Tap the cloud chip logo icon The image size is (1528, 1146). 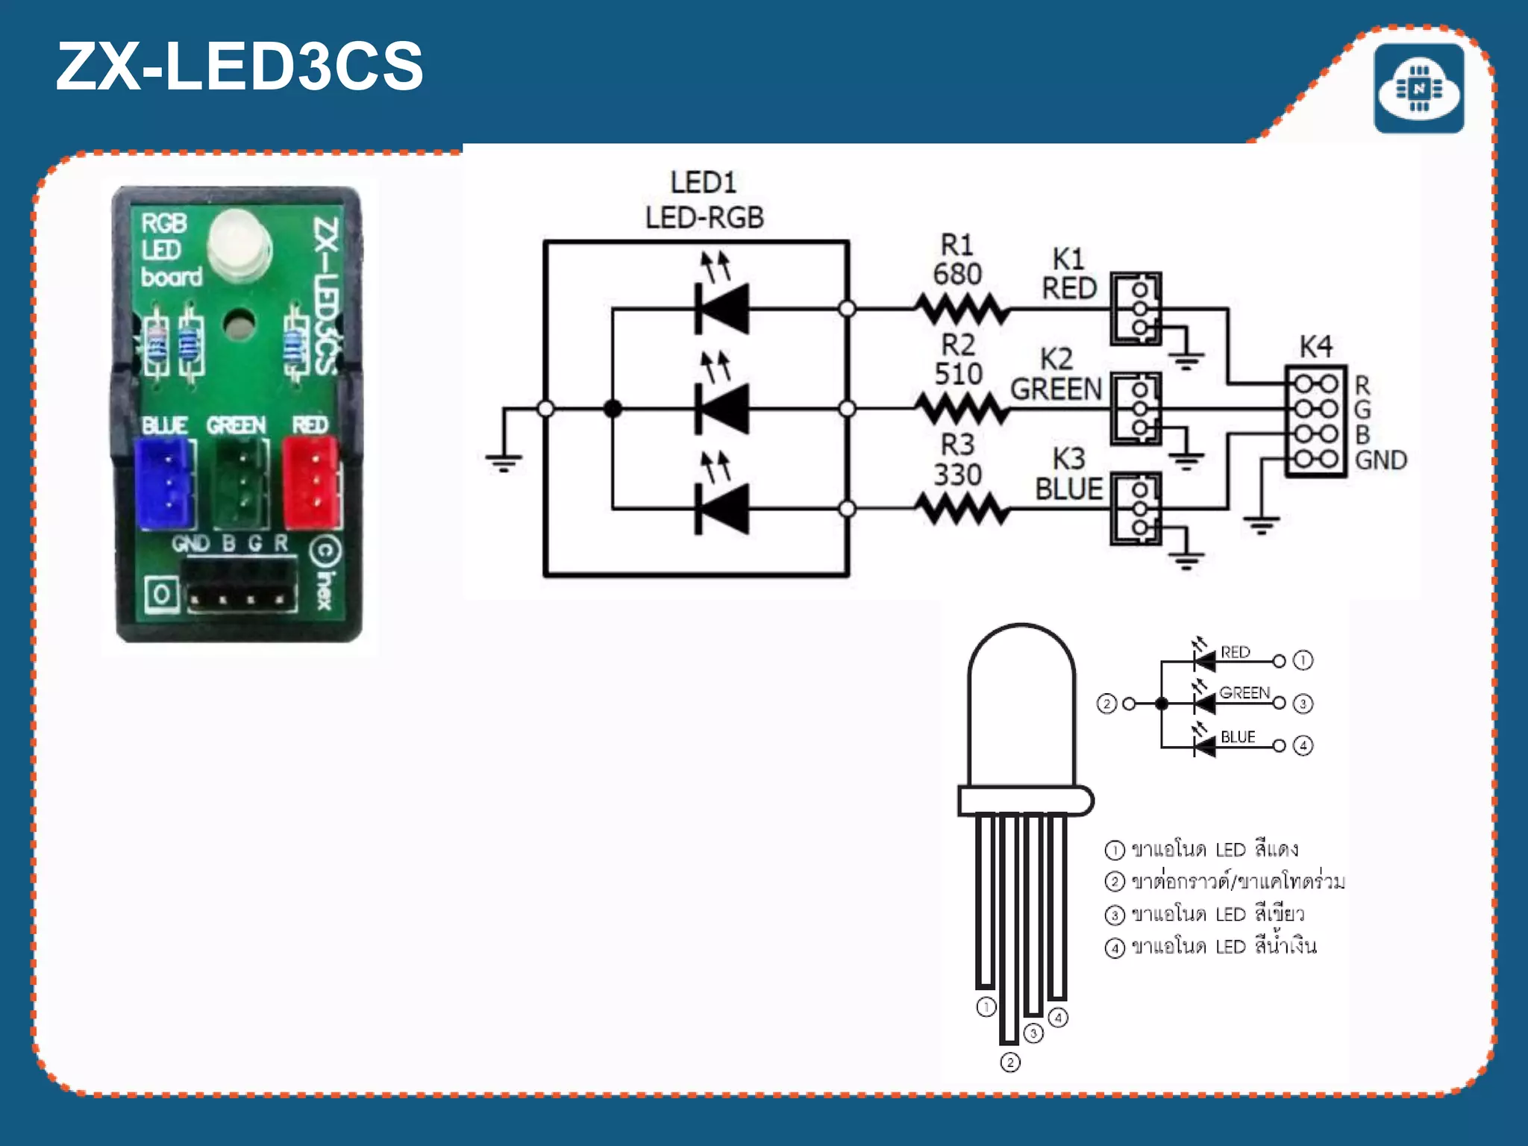[x=1418, y=89]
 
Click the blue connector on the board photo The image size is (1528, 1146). [x=165, y=483]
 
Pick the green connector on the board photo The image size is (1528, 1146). [x=240, y=483]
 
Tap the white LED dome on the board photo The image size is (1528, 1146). [x=238, y=242]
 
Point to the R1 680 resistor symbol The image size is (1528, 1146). [x=962, y=308]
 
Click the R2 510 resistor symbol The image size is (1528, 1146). [x=962, y=409]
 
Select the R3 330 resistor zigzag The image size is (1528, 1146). [x=962, y=510]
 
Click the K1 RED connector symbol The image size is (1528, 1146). [x=1136, y=308]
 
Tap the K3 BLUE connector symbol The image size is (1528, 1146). [x=1136, y=509]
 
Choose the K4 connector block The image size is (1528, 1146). [x=1315, y=422]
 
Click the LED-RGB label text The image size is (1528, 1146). [x=704, y=218]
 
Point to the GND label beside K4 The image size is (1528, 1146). [x=1380, y=460]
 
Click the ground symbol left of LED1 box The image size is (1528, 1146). [x=504, y=463]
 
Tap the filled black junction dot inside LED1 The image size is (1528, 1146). [x=613, y=409]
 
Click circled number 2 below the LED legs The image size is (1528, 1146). [x=1009, y=1062]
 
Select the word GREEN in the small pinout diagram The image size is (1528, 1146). [x=1244, y=692]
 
